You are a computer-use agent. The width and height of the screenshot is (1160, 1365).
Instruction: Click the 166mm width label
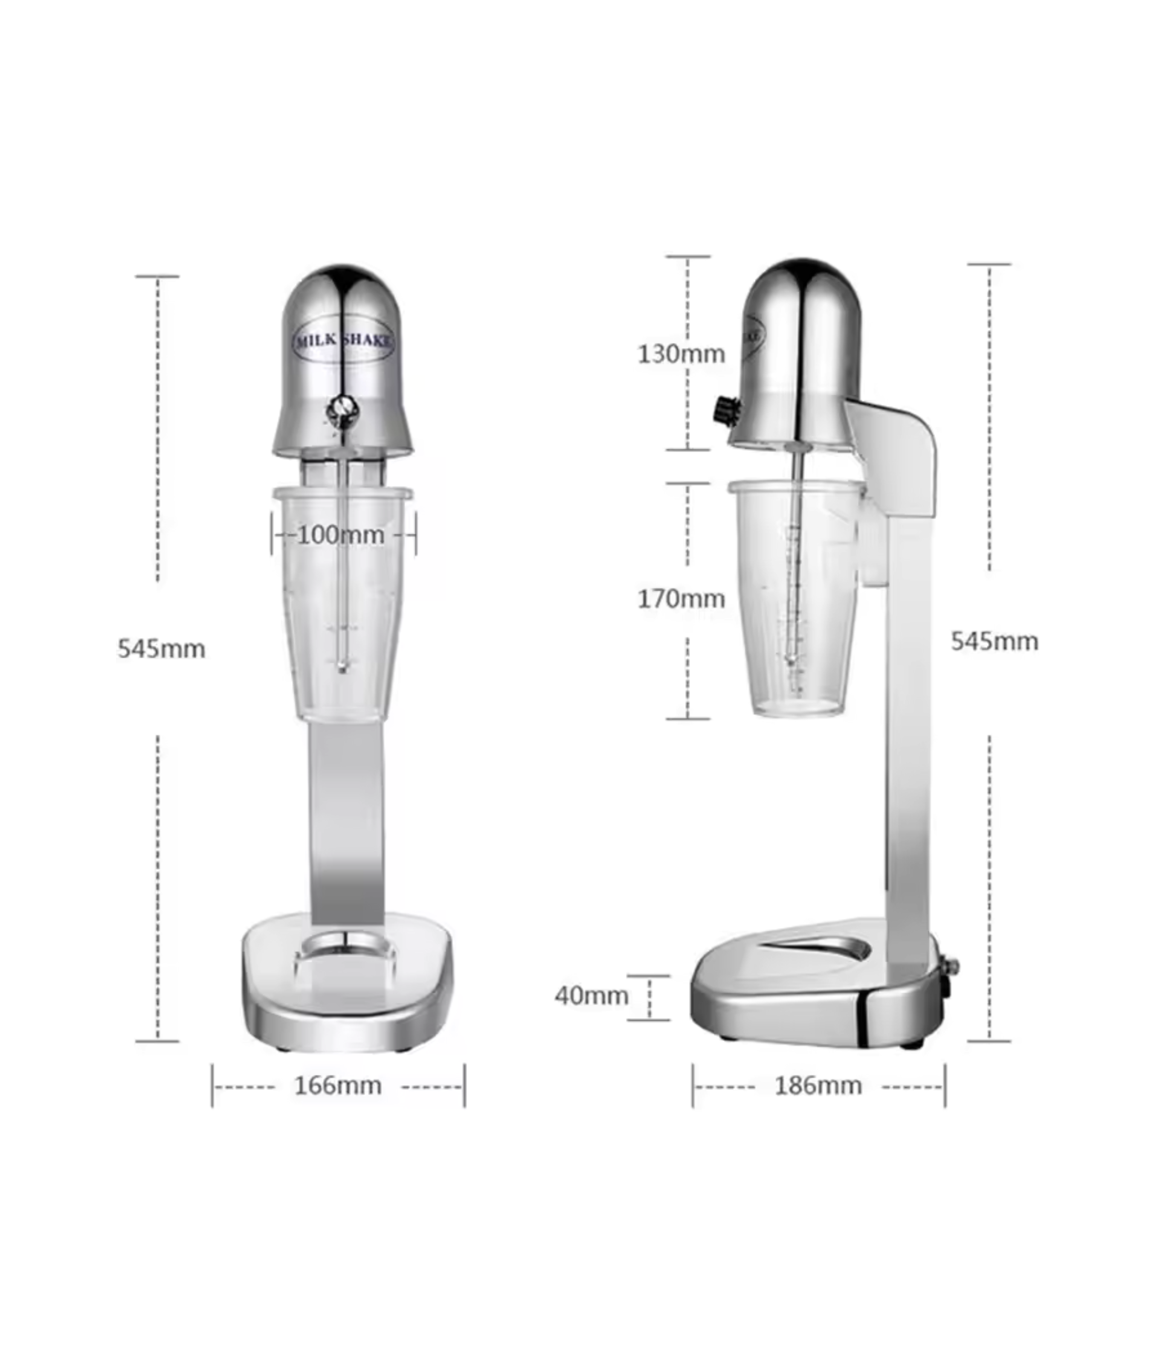click(x=338, y=1086)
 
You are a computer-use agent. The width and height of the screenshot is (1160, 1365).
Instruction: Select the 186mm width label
click(x=818, y=1086)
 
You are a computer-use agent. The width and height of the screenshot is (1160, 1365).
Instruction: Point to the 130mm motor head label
click(x=681, y=354)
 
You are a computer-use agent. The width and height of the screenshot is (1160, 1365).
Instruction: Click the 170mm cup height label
click(x=681, y=598)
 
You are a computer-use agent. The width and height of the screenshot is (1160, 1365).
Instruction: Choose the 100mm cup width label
click(x=341, y=535)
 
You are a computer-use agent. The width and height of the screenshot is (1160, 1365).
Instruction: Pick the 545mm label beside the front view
click(x=162, y=649)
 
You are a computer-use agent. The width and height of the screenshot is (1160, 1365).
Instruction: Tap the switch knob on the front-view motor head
click(x=342, y=412)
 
